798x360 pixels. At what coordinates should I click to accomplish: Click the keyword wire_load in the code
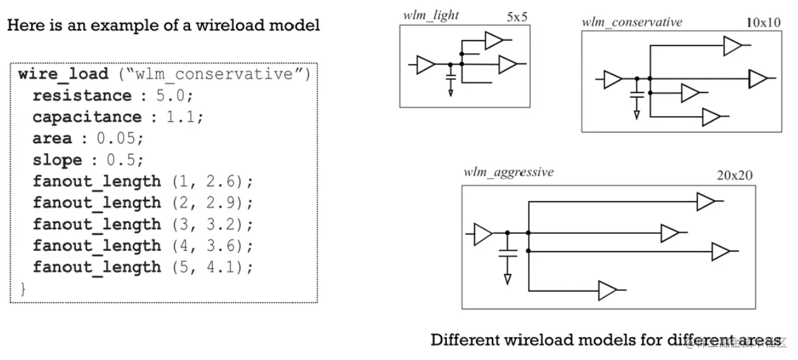pyautogui.click(x=63, y=74)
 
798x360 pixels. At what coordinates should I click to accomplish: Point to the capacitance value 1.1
pyautogui.click(x=178, y=117)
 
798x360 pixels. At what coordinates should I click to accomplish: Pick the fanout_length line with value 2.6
pyautogui.click(x=143, y=181)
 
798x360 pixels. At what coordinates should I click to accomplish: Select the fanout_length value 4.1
pyautogui.click(x=227, y=267)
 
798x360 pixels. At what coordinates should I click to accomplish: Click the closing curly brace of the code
pyautogui.click(x=23, y=289)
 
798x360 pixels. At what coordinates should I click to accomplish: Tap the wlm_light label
pyautogui.click(x=431, y=15)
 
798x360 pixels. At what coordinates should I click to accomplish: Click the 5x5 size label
pyautogui.click(x=517, y=17)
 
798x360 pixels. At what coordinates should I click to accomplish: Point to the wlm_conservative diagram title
pyautogui.click(x=632, y=22)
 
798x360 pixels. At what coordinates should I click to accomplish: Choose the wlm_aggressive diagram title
pyautogui.click(x=508, y=172)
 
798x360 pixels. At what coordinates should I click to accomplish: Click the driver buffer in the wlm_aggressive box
pyautogui.click(x=483, y=233)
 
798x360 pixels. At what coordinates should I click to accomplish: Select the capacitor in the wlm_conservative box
pyautogui.click(x=637, y=96)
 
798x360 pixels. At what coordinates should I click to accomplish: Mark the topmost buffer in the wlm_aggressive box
pyautogui.click(x=705, y=202)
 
